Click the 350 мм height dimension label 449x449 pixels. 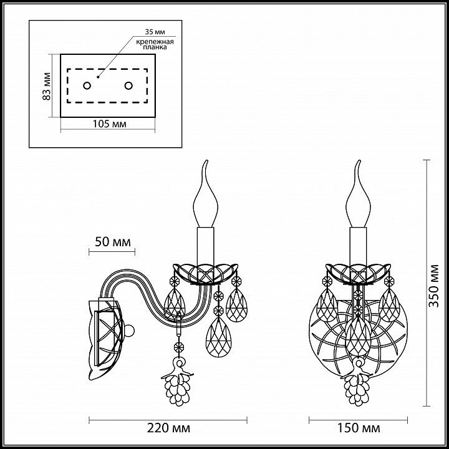coord(434,286)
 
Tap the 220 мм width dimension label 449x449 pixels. coord(169,428)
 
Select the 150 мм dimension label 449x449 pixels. coord(359,428)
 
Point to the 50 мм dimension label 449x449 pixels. coord(113,242)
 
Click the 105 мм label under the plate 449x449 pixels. coord(109,124)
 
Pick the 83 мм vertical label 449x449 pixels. coord(46,86)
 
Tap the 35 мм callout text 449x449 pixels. coord(155,32)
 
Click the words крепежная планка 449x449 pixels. coord(155,44)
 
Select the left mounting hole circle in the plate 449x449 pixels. coord(87,85)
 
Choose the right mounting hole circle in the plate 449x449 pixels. coord(128,85)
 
